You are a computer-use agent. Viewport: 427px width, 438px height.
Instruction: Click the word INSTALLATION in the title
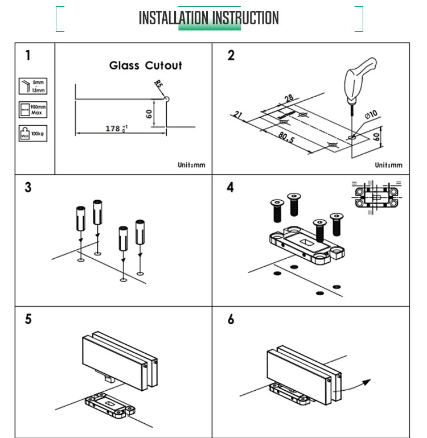point(174,18)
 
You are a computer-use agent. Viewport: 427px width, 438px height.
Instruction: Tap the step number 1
point(28,55)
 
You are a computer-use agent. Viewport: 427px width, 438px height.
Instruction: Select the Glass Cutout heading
point(146,65)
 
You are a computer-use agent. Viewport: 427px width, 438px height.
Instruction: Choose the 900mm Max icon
point(32,110)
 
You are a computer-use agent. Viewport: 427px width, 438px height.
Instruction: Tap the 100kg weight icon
point(32,134)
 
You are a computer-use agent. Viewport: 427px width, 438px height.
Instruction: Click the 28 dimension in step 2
point(289,99)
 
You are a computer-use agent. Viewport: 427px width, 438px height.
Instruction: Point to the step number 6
point(231,319)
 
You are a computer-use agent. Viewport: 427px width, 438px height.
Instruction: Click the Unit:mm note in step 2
point(388,166)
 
